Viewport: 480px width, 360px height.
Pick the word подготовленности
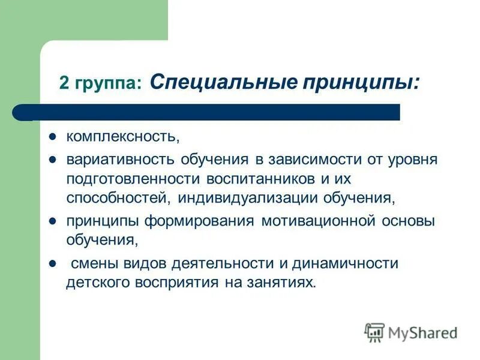(x=133, y=179)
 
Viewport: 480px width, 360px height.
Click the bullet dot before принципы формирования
(x=52, y=221)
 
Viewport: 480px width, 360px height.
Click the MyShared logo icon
(x=374, y=331)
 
